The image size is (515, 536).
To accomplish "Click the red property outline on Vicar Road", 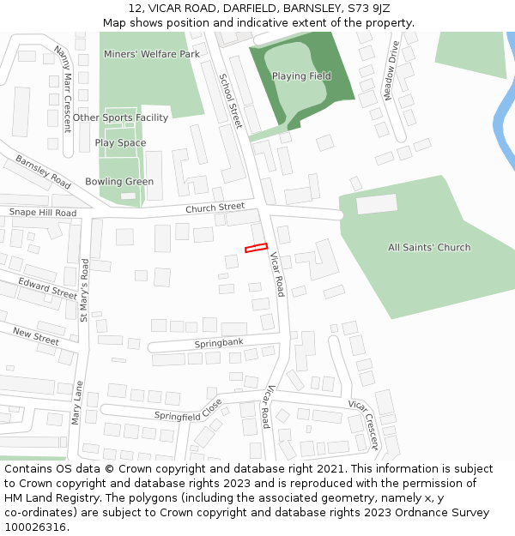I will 256,248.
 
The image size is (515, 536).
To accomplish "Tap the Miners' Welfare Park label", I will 151,54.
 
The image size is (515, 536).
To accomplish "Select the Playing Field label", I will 301,76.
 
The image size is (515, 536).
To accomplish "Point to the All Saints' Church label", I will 429,248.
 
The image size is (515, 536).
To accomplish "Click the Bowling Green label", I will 119,182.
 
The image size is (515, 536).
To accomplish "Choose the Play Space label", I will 120,143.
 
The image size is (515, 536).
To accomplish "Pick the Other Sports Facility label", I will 120,117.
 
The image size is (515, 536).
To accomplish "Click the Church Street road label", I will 215,208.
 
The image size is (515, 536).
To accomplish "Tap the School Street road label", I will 230,99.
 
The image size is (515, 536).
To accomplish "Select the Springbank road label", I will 219,342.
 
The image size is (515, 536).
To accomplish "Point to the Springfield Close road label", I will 188,410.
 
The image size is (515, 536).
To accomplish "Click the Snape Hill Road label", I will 43,213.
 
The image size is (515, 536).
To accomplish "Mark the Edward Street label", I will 47,287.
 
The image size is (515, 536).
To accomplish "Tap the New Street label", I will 35,336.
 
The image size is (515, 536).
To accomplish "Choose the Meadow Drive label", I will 391,70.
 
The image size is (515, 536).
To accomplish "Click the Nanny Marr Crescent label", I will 63,88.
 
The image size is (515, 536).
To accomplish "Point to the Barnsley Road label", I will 43,172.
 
